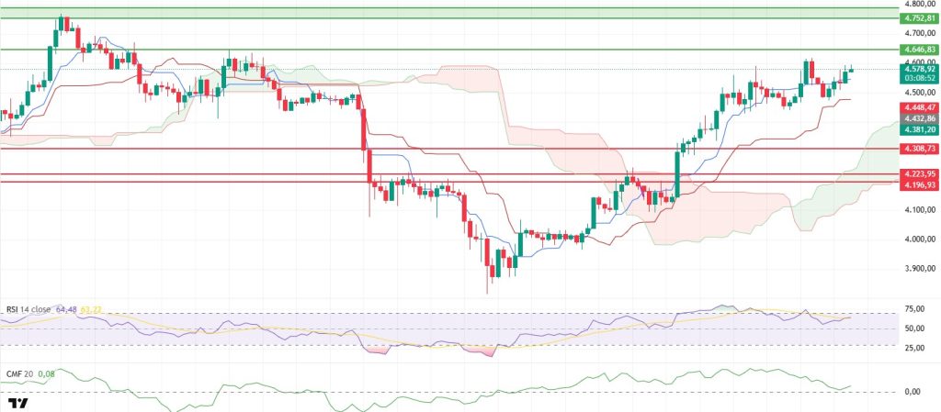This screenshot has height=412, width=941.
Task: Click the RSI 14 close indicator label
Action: [28, 309]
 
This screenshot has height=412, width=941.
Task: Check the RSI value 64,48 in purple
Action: [66, 309]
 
